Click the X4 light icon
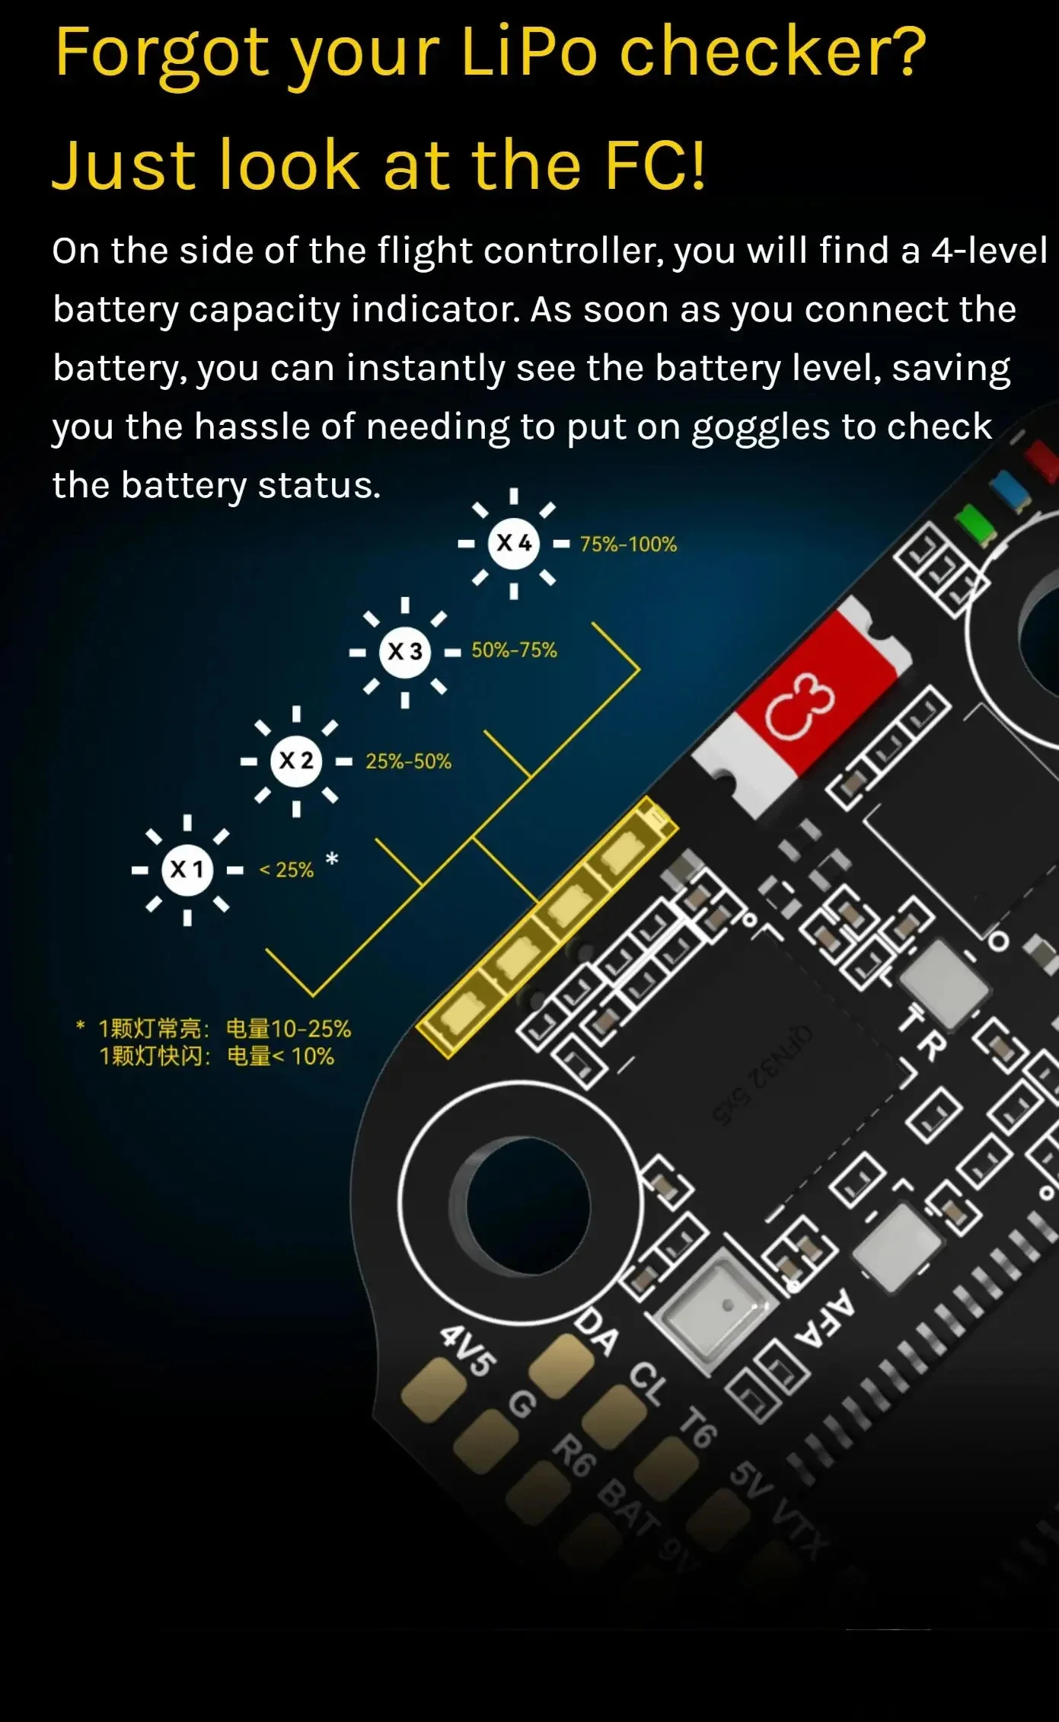[x=514, y=544]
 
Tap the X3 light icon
[x=405, y=652]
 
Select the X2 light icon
[x=296, y=761]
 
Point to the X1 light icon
[x=187, y=870]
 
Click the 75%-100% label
[x=628, y=545]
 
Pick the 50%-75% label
[x=514, y=650]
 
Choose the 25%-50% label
[x=408, y=762]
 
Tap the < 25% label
[x=286, y=870]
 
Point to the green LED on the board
[x=974, y=525]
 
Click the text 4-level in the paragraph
[x=989, y=251]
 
